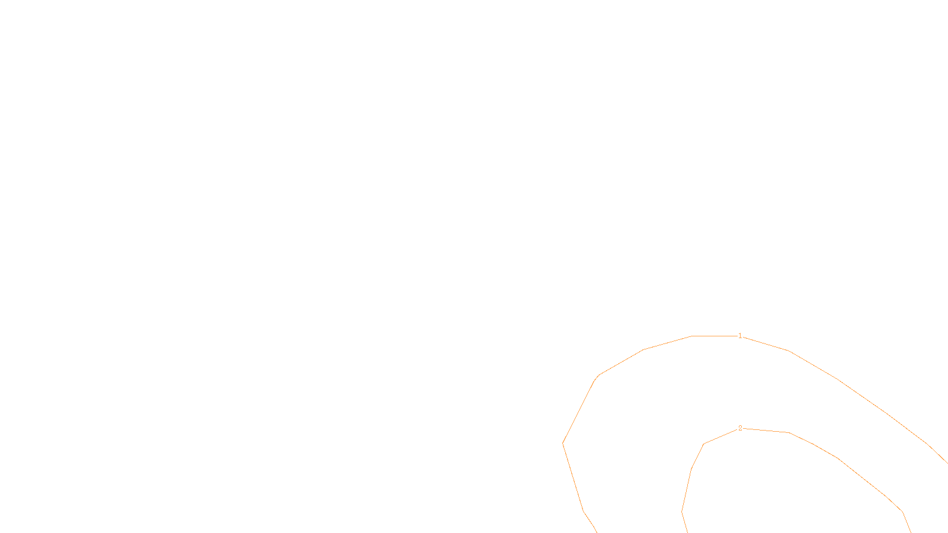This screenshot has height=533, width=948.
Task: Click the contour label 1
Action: point(740,336)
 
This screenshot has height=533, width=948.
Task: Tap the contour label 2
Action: point(740,428)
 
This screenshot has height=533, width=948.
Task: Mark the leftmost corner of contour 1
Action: point(563,443)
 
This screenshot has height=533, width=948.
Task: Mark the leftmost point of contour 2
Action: point(682,511)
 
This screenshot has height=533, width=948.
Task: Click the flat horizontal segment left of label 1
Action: point(714,336)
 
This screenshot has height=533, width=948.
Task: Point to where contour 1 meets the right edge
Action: point(947,463)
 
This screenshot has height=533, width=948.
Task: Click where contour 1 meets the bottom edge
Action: point(596,532)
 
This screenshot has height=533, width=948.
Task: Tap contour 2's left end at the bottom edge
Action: point(687,532)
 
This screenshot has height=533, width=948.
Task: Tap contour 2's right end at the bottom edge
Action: point(911,532)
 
